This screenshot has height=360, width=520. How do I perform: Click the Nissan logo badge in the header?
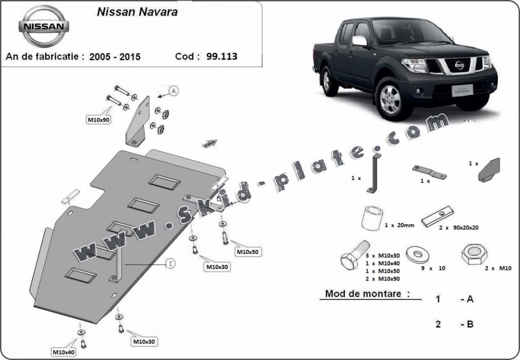click(44, 26)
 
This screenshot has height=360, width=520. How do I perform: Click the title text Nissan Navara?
click(137, 12)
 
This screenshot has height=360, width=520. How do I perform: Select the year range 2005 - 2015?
click(115, 57)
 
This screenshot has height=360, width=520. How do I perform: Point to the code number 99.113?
click(222, 56)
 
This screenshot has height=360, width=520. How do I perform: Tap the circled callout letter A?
click(174, 91)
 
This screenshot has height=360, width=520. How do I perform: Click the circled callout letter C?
click(170, 264)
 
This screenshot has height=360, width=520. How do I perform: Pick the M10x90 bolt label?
click(98, 120)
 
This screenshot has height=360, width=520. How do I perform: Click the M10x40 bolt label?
click(63, 352)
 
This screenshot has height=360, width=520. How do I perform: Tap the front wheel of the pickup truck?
click(387, 98)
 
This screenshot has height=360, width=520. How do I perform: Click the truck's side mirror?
click(360, 41)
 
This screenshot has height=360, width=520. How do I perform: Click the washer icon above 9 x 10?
click(418, 254)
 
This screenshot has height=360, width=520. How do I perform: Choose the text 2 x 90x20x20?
click(459, 227)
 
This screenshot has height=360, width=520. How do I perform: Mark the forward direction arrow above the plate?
click(209, 144)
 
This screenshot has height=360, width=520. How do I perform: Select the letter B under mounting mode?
click(469, 324)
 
